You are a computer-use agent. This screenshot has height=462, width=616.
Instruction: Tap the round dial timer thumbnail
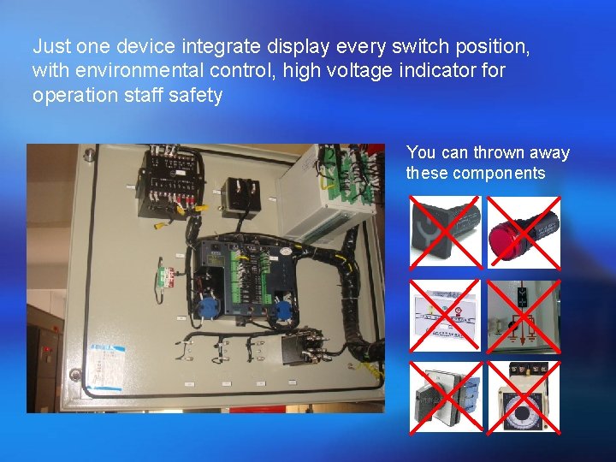click(x=524, y=399)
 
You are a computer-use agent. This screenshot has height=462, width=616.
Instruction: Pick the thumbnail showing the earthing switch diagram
click(x=524, y=315)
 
